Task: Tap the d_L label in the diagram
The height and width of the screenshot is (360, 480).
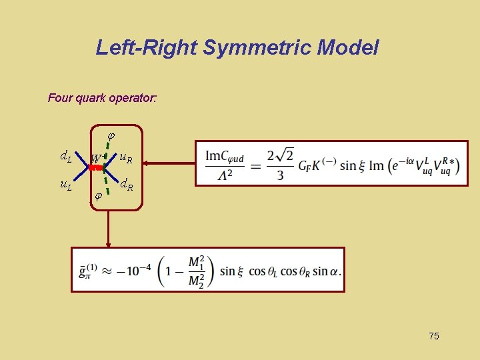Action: (66, 158)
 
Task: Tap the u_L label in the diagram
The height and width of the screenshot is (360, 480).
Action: (66, 185)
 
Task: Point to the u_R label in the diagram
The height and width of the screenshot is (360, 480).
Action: (125, 158)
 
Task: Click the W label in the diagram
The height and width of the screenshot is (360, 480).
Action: (96, 160)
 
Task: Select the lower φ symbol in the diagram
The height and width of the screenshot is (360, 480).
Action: (97, 197)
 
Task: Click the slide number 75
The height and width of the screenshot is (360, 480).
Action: (433, 336)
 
